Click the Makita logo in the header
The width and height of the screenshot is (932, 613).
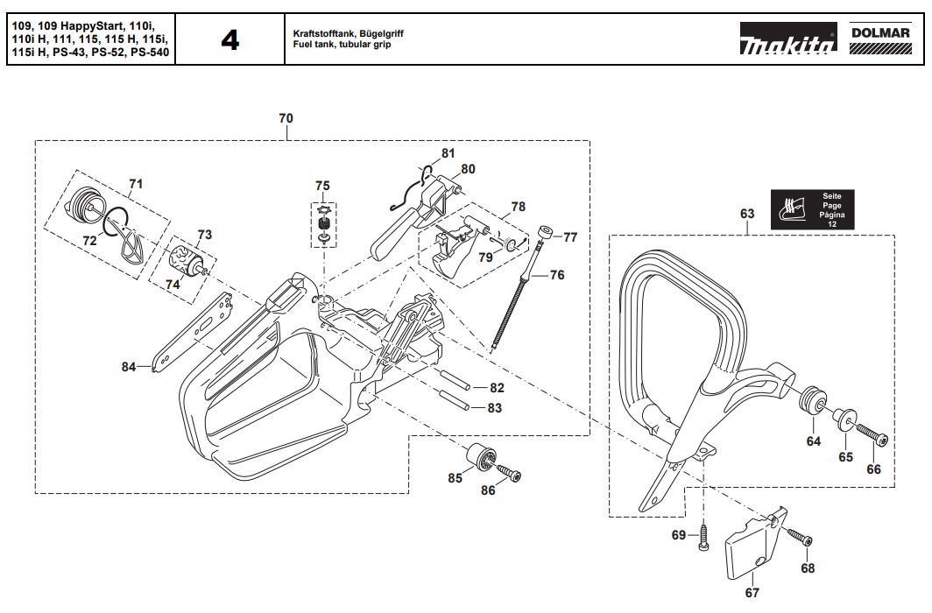(788, 39)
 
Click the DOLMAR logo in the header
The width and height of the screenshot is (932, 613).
(881, 39)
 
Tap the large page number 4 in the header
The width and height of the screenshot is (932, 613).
(230, 40)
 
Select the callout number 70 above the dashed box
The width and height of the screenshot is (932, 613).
(286, 118)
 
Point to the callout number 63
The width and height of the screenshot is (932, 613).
(747, 214)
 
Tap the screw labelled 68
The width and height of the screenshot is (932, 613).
(800, 536)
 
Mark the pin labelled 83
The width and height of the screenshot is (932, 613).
(454, 399)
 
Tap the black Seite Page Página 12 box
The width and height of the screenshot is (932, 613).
(813, 209)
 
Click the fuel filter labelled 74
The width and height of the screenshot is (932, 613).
(187, 261)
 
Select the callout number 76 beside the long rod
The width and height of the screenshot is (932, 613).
(557, 275)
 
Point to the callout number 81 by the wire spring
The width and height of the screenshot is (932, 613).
(448, 153)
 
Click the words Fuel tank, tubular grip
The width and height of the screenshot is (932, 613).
(342, 45)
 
